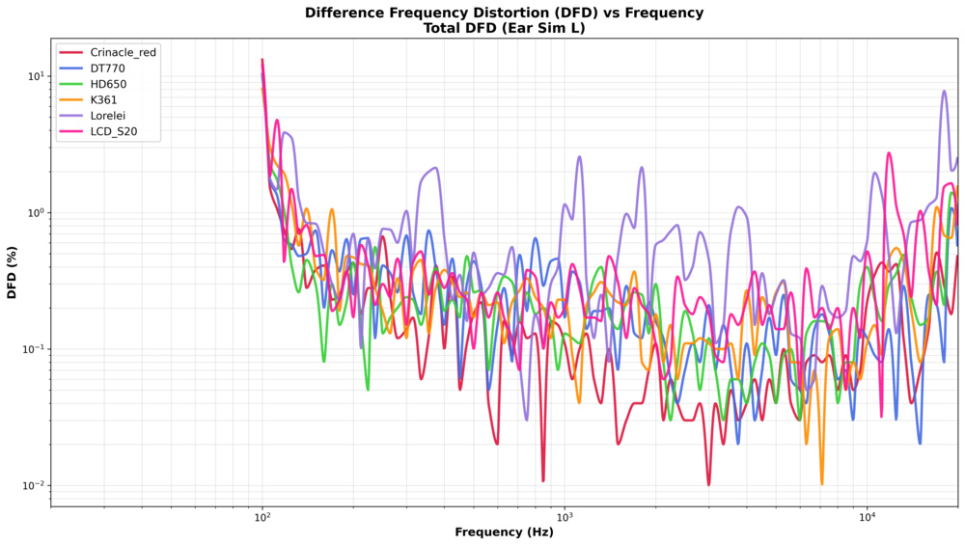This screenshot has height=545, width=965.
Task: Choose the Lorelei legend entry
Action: point(110,116)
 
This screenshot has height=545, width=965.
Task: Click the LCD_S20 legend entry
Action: point(115,132)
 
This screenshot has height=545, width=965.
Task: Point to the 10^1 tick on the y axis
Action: point(35,76)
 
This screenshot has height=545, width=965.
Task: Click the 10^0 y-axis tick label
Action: point(35,213)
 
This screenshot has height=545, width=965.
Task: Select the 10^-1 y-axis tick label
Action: point(33,349)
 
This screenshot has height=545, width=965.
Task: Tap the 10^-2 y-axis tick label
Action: point(33,485)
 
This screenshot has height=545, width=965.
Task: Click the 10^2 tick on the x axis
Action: point(262,518)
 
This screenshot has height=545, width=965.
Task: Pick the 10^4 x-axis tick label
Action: point(868,518)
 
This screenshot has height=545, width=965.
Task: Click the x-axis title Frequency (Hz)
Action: point(504,532)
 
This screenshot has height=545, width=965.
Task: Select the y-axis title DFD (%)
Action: point(13,273)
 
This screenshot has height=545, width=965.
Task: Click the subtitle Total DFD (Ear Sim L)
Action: point(504,28)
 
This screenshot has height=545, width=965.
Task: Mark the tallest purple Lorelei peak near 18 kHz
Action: point(944,92)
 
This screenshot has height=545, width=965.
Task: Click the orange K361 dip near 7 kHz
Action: point(822,482)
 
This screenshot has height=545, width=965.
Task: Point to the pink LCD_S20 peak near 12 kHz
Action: point(889,153)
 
